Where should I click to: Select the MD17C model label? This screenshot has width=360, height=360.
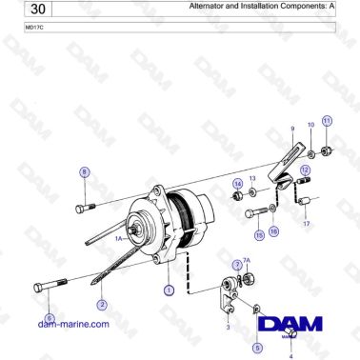[33, 28]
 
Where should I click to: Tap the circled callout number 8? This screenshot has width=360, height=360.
[84, 172]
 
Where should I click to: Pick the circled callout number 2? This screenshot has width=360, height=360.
[101, 305]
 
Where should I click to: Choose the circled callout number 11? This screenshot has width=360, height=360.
[327, 121]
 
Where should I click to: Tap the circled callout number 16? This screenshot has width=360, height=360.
[275, 231]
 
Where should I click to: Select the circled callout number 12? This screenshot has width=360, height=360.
[306, 170]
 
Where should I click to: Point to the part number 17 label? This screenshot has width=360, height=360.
[307, 224]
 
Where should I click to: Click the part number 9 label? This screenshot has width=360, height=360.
[291, 128]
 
